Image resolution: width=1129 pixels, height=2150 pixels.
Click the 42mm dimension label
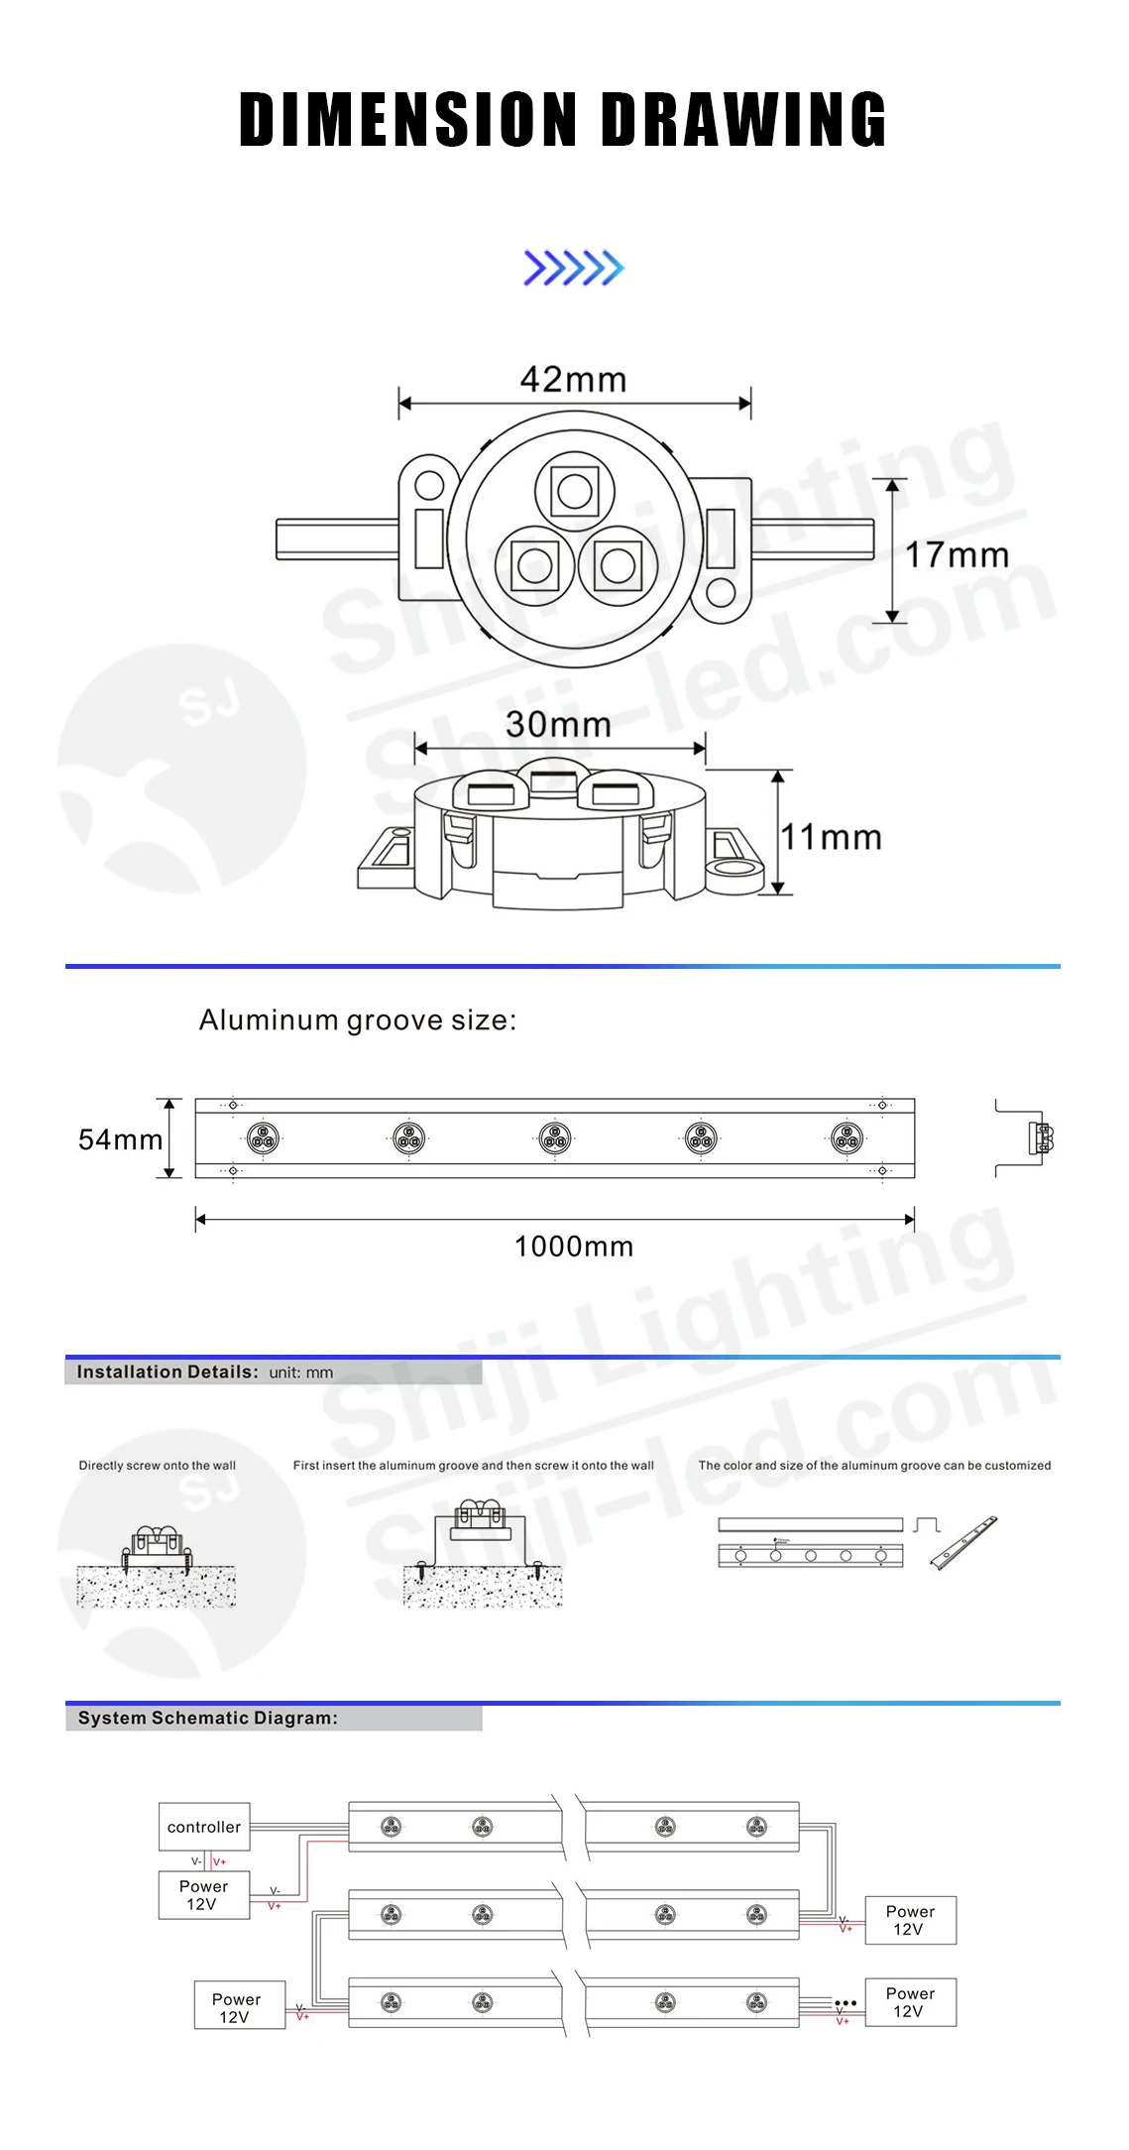[573, 380]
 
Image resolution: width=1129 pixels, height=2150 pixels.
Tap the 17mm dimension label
[957, 555]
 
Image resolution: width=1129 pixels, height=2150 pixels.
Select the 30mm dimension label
[558, 725]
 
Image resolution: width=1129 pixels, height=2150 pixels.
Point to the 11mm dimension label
[831, 838]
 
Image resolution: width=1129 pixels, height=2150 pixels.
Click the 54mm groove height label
[120, 1140]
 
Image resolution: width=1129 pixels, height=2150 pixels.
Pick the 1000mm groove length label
[573, 1247]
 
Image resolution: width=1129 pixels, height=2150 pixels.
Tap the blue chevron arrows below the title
[573, 268]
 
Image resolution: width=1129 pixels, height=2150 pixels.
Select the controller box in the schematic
[204, 1827]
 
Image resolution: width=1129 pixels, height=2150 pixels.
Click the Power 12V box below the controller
[204, 1895]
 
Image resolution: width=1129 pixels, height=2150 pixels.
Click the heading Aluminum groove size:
[358, 1020]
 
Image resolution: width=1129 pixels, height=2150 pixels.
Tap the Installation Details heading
[168, 1373]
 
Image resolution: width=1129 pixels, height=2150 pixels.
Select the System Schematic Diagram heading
[208, 1719]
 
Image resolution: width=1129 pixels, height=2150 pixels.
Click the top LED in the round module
[575, 490]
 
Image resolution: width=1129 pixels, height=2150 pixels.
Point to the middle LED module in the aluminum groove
[555, 1138]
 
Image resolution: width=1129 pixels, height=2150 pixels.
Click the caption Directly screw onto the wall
[158, 1466]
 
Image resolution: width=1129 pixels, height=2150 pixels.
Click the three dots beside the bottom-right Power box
[845, 2003]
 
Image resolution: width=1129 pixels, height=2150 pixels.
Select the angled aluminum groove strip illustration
[963, 1542]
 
